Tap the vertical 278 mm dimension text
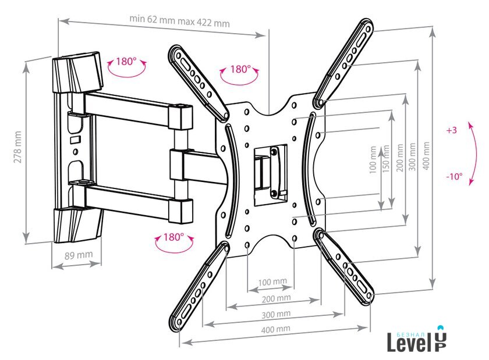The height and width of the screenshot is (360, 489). tap(17, 148)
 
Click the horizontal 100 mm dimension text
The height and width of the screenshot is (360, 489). tap(272, 281)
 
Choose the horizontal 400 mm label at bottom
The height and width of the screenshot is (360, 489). tap(276, 329)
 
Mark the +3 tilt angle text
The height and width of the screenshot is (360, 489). tap(452, 131)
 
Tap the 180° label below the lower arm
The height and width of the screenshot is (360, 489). tap(173, 237)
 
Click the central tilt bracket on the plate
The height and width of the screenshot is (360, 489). tap(271, 172)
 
